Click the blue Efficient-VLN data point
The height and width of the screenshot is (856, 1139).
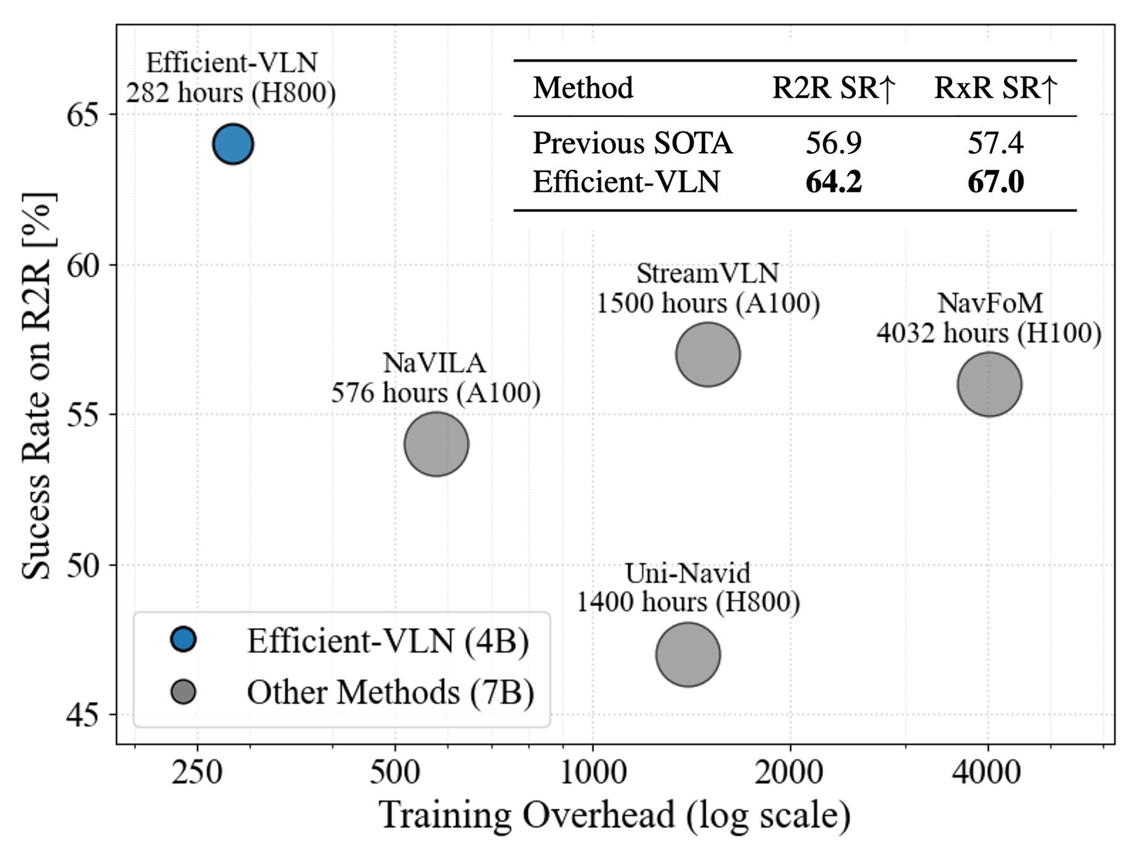(233, 144)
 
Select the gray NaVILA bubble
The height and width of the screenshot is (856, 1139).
(436, 444)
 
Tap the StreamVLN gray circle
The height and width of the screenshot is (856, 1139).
(707, 355)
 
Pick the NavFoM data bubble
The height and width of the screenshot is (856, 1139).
(989, 384)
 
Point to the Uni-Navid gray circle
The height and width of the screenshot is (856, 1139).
(688, 655)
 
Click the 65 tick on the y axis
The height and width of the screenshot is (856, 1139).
(83, 115)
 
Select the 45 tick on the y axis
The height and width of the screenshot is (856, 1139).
(83, 715)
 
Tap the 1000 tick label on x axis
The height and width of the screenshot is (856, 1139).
(593, 772)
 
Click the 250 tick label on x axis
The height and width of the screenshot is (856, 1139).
(198, 772)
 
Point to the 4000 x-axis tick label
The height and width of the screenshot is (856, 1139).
(987, 772)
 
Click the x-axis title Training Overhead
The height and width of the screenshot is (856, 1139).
(615, 815)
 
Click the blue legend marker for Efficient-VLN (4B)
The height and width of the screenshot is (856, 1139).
(184, 639)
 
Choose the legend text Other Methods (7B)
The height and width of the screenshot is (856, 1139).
(390, 693)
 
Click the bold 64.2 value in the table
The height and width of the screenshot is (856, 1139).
(833, 182)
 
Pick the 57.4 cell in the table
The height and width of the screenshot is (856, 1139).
(995, 143)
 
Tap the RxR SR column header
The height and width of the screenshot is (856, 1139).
(995, 88)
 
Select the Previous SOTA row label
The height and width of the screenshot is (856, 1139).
(632, 143)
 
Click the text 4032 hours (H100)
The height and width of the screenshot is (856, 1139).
(988, 333)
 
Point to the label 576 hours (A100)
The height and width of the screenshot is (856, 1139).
(436, 393)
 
